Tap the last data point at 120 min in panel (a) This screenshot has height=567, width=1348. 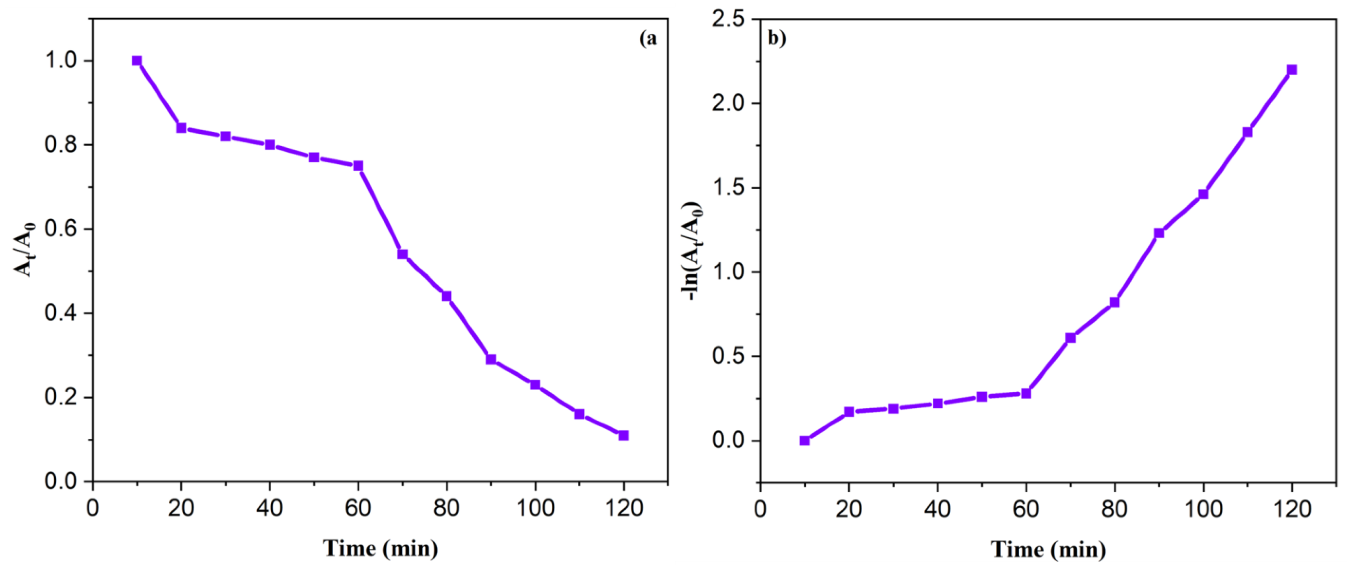(x=623, y=436)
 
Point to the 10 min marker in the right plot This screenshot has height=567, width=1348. (x=805, y=441)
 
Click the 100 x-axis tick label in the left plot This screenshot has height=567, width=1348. (x=535, y=508)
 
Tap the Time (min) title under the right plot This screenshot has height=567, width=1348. (x=1048, y=549)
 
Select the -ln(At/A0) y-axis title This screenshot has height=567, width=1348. (x=695, y=250)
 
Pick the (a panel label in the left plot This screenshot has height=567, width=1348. (x=648, y=39)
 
